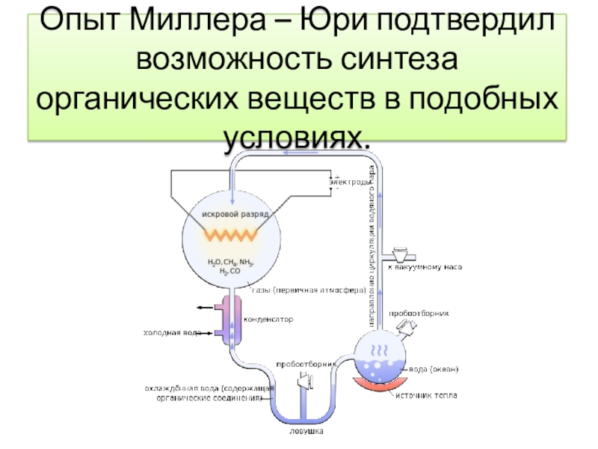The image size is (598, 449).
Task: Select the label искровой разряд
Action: [x=234, y=214]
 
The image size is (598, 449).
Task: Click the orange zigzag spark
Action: [x=232, y=235]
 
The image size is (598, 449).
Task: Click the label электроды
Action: [x=349, y=182]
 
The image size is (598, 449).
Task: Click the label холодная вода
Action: [x=171, y=332]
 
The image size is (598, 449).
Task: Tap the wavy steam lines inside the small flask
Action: [x=380, y=349]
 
